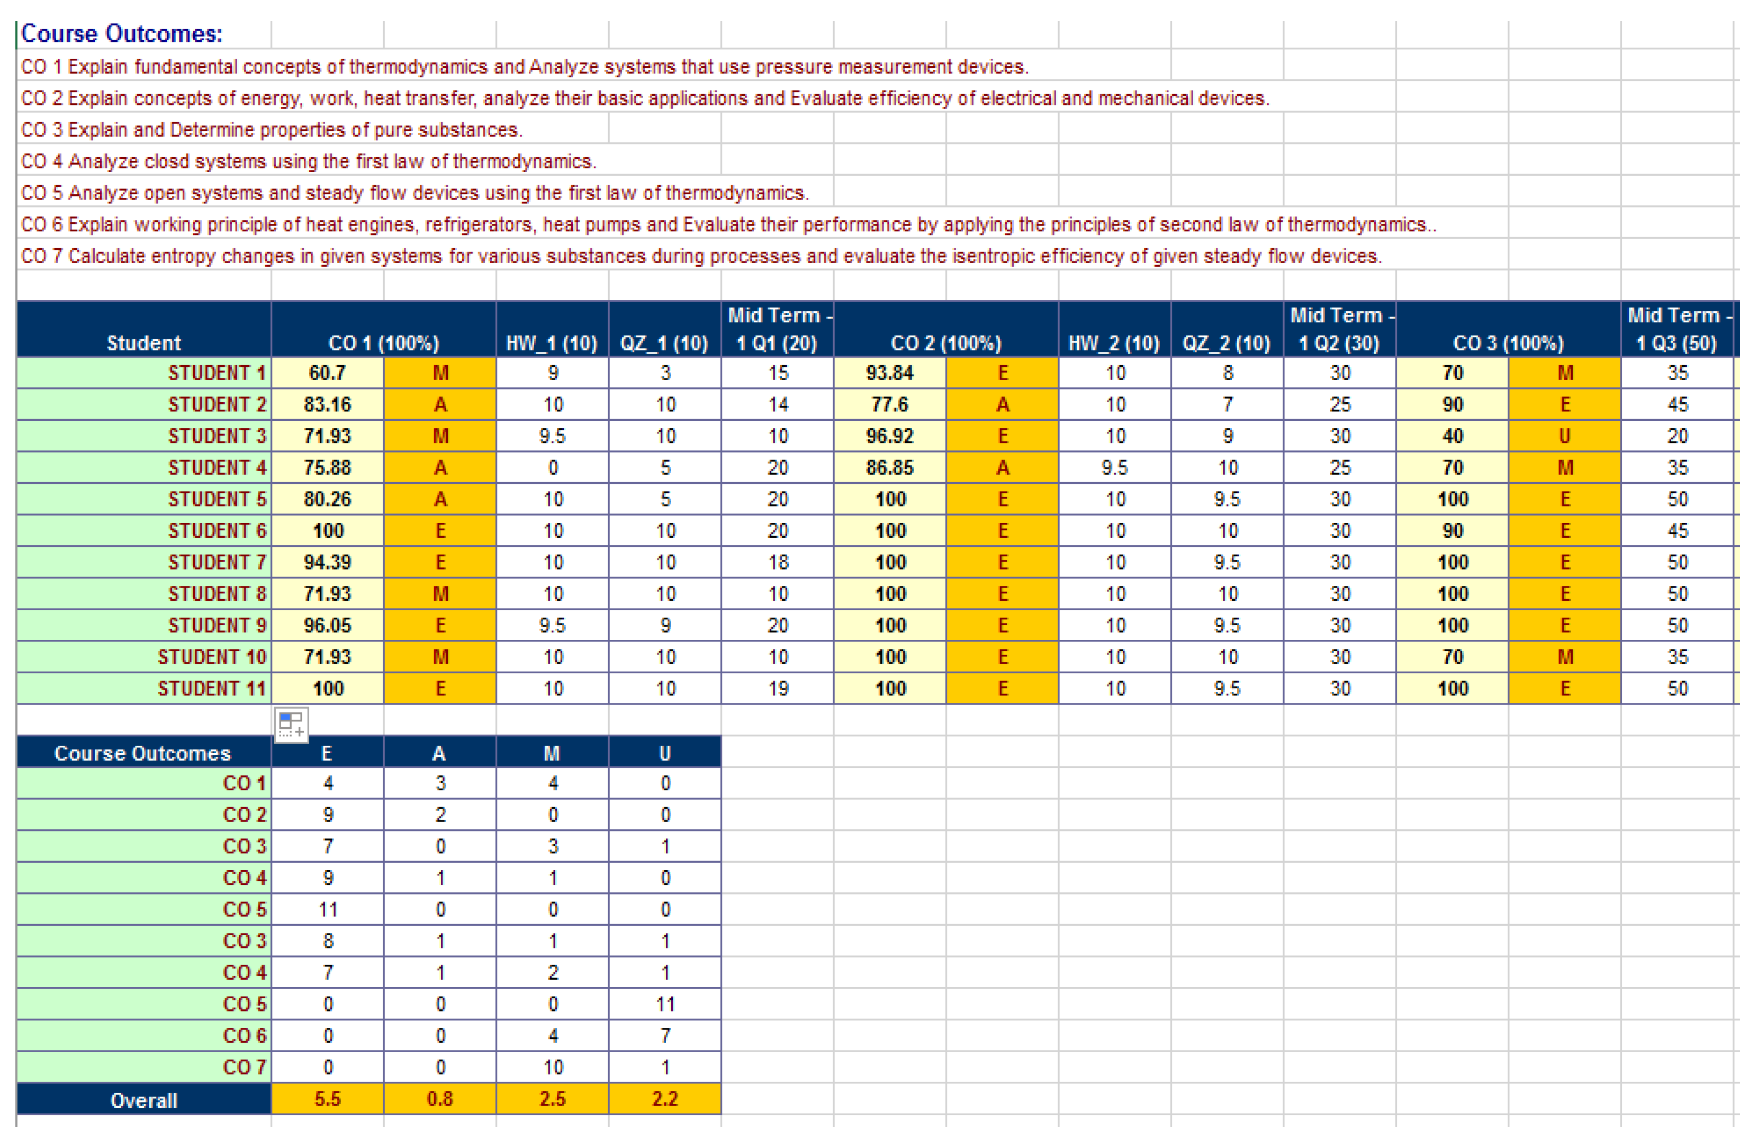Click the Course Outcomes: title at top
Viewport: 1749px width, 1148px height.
click(x=121, y=34)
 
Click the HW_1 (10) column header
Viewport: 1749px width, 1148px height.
click(x=552, y=343)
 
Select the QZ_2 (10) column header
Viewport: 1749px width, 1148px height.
click(x=1227, y=343)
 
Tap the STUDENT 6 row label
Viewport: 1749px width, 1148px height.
click(x=217, y=531)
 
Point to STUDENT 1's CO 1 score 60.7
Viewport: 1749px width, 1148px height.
click(x=328, y=373)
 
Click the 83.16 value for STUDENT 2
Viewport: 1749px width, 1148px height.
click(x=328, y=405)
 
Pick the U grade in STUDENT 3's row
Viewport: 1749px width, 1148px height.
click(x=1565, y=437)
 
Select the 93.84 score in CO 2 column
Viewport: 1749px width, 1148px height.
click(x=890, y=373)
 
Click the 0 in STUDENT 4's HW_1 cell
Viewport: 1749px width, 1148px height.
click(x=553, y=468)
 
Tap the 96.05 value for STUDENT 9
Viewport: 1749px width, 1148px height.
click(x=328, y=626)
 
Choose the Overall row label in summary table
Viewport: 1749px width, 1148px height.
click(x=144, y=1100)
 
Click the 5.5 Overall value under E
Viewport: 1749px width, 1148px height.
click(x=328, y=1099)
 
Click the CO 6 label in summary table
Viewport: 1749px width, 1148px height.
click(x=244, y=1036)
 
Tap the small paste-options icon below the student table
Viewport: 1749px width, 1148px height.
click(x=292, y=725)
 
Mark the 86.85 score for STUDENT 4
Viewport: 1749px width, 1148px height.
click(x=890, y=468)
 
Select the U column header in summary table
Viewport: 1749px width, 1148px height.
click(x=665, y=753)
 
